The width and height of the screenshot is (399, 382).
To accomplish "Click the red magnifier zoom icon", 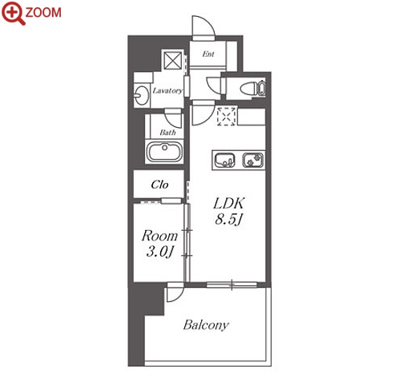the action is click(x=13, y=13).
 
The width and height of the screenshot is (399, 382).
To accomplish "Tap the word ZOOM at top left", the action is click(x=43, y=13).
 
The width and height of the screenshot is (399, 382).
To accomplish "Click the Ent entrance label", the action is click(x=208, y=54).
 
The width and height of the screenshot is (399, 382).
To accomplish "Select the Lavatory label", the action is click(x=167, y=91).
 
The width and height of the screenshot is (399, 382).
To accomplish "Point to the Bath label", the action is click(x=167, y=133).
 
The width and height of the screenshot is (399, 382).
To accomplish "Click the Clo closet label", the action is click(x=159, y=185).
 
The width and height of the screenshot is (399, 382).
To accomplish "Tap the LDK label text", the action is click(x=228, y=204).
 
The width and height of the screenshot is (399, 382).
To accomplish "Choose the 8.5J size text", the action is click(x=228, y=220).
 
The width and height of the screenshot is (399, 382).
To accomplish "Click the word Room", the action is click(x=159, y=236).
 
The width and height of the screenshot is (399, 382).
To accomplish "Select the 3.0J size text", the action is click(x=159, y=252).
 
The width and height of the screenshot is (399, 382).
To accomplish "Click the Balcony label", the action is click(x=206, y=325).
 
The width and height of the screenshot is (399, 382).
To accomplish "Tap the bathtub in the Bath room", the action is click(x=165, y=152).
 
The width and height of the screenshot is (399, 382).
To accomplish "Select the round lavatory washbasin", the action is click(x=141, y=94).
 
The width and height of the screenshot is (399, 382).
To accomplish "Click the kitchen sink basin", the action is click(x=225, y=160).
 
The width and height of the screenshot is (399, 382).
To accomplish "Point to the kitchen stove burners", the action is click(x=253, y=160).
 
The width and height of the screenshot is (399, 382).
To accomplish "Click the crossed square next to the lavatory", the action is click(x=172, y=61).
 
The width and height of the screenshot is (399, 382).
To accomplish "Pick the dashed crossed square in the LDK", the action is click(x=227, y=116).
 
